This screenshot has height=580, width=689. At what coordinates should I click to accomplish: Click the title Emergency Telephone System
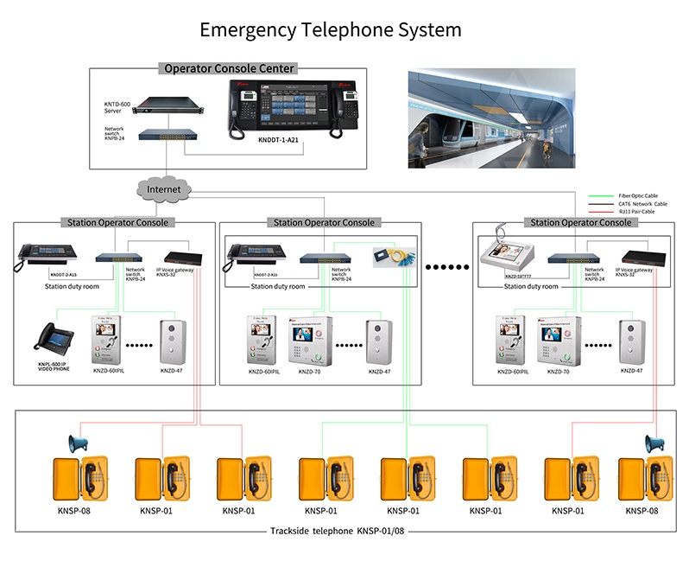(x=331, y=29)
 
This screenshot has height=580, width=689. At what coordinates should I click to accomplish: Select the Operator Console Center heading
(x=229, y=68)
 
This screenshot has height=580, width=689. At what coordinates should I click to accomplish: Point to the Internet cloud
(x=164, y=188)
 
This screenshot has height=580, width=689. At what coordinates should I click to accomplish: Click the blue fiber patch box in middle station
(x=392, y=256)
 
